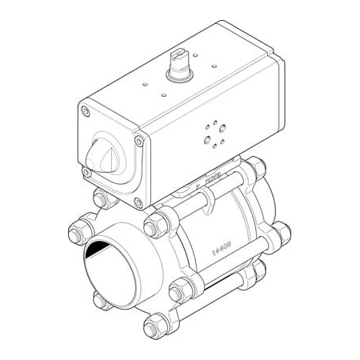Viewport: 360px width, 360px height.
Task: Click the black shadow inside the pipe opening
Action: (98, 250)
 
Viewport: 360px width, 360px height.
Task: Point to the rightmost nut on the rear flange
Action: (282, 234)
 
